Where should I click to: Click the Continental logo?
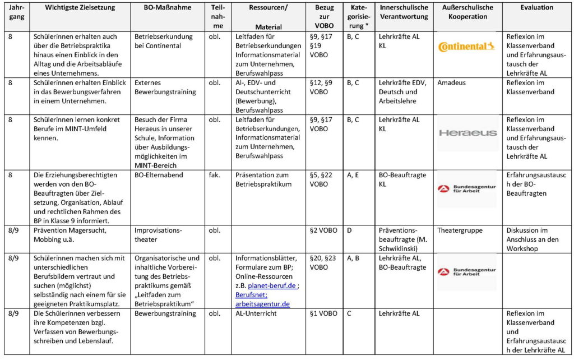click(466, 46)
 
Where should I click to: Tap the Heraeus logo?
click(467, 133)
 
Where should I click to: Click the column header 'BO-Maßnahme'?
click(166, 8)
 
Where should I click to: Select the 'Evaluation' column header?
click(536, 8)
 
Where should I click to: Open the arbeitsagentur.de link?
click(262, 304)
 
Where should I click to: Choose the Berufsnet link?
click(251, 294)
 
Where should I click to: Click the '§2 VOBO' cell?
click(324, 230)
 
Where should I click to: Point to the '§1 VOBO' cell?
click(324, 313)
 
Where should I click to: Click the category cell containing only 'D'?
click(349, 230)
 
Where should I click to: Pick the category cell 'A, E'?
click(353, 174)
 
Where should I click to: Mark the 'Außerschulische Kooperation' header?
click(467, 12)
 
